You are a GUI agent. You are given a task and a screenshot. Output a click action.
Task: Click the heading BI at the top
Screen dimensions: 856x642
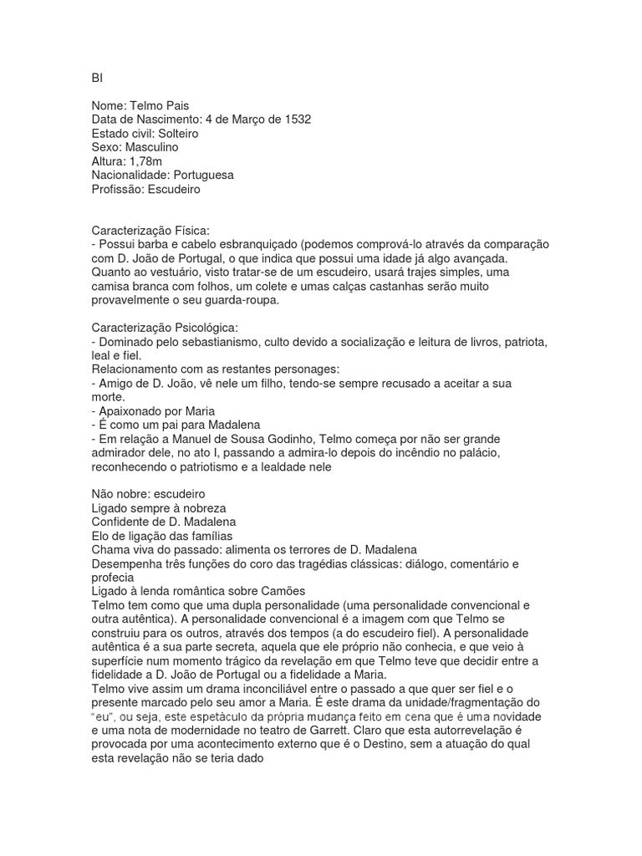(96, 79)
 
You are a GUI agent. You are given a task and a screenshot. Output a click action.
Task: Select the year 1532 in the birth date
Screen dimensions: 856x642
(295, 120)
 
